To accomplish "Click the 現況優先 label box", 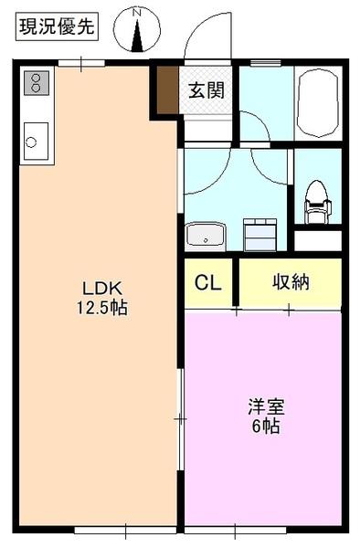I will [57, 26].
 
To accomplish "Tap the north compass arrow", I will [138, 35].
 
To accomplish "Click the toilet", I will [315, 198].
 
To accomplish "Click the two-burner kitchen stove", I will [36, 85].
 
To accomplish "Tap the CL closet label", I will [207, 282].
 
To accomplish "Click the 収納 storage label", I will [290, 282].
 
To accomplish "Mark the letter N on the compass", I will [138, 11].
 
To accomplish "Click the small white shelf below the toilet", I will [317, 241].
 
